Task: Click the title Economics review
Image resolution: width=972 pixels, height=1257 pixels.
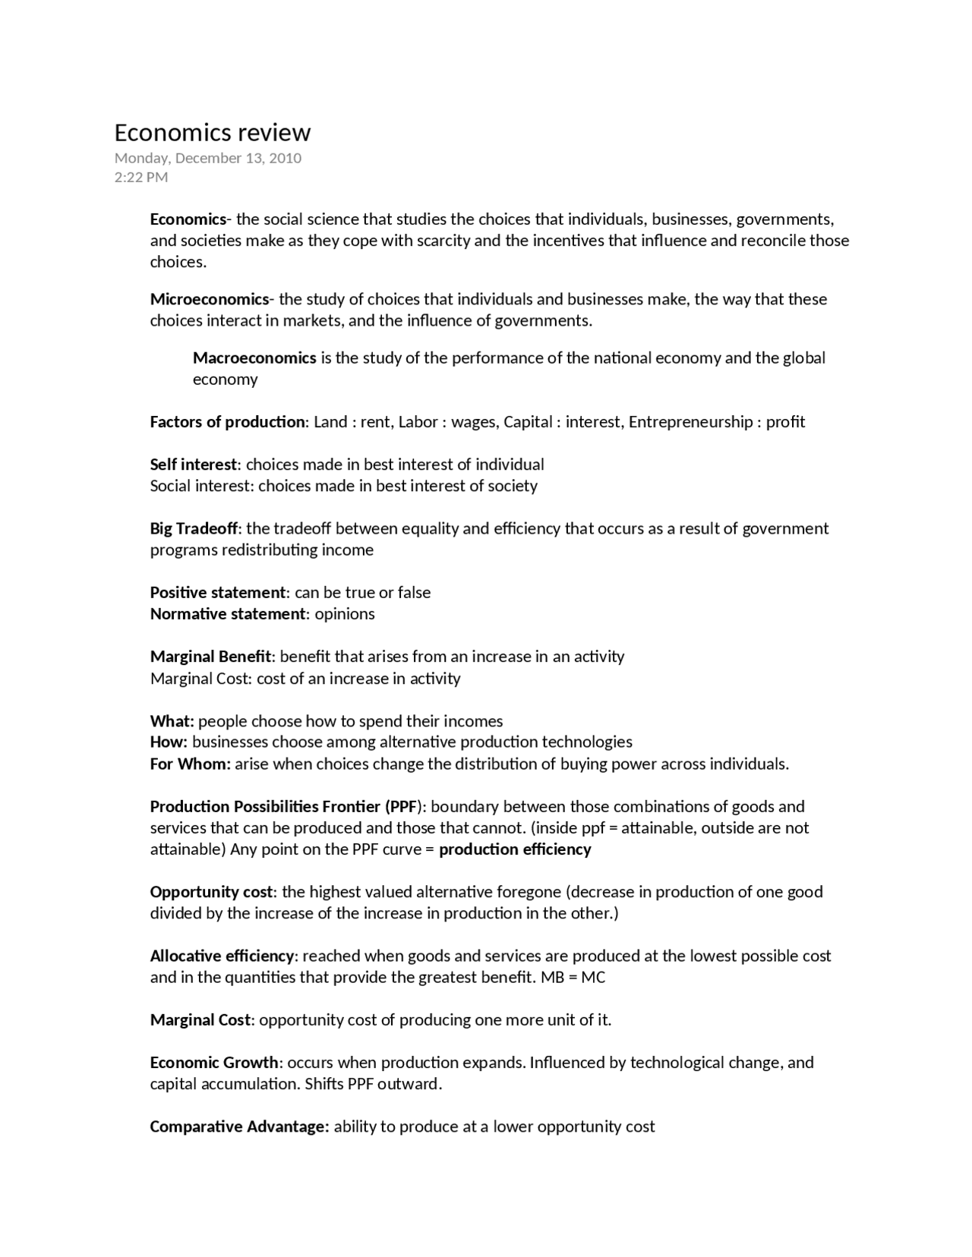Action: point(212,133)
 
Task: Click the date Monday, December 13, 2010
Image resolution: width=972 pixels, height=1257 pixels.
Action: point(207,158)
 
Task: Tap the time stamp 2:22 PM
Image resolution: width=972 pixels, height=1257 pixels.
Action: point(141,178)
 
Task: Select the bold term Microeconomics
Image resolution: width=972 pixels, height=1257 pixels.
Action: point(210,299)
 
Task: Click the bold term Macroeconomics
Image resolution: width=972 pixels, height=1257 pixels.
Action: point(254,358)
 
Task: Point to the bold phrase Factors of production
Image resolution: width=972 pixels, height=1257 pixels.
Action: point(227,422)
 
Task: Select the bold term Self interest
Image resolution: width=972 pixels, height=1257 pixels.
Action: point(194,465)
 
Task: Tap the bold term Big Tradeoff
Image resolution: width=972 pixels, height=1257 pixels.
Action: point(194,528)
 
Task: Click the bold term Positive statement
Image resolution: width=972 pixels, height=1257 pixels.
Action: point(219,592)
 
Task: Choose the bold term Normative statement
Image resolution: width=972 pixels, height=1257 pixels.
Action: point(228,613)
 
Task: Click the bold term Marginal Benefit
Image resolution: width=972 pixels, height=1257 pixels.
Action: point(210,657)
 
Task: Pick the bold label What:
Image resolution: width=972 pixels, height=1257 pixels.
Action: point(172,721)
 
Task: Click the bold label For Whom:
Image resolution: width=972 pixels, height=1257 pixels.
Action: point(190,764)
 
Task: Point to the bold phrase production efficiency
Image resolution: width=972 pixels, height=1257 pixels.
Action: point(515,849)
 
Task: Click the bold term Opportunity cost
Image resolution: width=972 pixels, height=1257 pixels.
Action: point(211,892)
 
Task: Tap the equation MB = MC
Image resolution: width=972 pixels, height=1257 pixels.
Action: point(573,977)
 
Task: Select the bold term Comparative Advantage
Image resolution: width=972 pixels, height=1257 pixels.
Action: point(239,1126)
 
